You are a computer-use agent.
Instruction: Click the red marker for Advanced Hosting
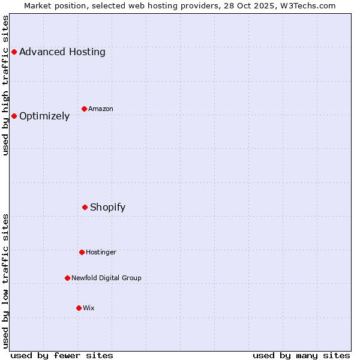pyautogui.click(x=14, y=52)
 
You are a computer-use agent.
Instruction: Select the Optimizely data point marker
pyautogui.click(x=14, y=116)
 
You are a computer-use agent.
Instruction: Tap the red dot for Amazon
pyautogui.click(x=85, y=109)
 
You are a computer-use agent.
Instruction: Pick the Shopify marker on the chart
pyautogui.click(x=85, y=207)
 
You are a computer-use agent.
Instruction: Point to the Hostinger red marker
pyautogui.click(x=82, y=252)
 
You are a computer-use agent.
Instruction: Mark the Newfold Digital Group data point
pyautogui.click(x=67, y=278)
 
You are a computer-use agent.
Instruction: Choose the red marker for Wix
pyautogui.click(x=79, y=308)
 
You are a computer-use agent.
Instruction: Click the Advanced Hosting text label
pyautogui.click(x=62, y=52)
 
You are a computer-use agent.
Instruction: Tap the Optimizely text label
pyautogui.click(x=44, y=116)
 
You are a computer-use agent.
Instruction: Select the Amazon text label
pyautogui.click(x=101, y=109)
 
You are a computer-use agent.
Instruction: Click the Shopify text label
pyautogui.click(x=108, y=208)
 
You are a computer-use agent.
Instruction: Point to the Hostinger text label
pyautogui.click(x=101, y=252)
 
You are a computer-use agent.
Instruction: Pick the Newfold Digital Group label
pyautogui.click(x=106, y=278)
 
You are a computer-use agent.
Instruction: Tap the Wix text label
pyautogui.click(x=89, y=308)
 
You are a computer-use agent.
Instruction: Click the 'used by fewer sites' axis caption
pyautogui.click(x=62, y=355)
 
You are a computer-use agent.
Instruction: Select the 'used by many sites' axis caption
pyautogui.click(x=301, y=355)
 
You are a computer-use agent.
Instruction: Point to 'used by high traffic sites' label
pyautogui.click(x=6, y=85)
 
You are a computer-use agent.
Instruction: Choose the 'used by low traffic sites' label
pyautogui.click(x=6, y=281)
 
